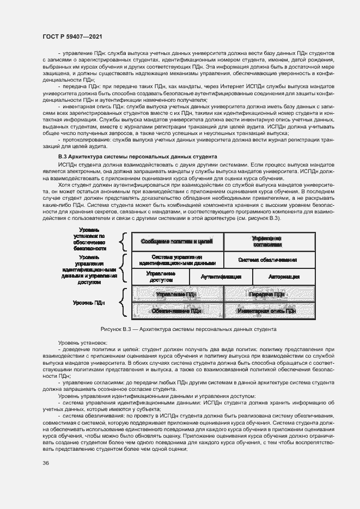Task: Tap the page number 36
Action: [x=45, y=463]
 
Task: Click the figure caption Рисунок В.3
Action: [x=188, y=329]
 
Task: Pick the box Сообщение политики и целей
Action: [x=176, y=241]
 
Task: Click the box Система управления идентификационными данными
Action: [x=176, y=259]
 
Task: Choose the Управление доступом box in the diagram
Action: [x=161, y=277]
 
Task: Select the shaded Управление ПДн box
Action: [x=176, y=294]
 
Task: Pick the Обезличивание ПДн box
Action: [x=176, y=311]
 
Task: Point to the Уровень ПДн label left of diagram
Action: [x=89, y=302]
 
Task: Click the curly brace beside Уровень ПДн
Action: [x=124, y=303]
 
